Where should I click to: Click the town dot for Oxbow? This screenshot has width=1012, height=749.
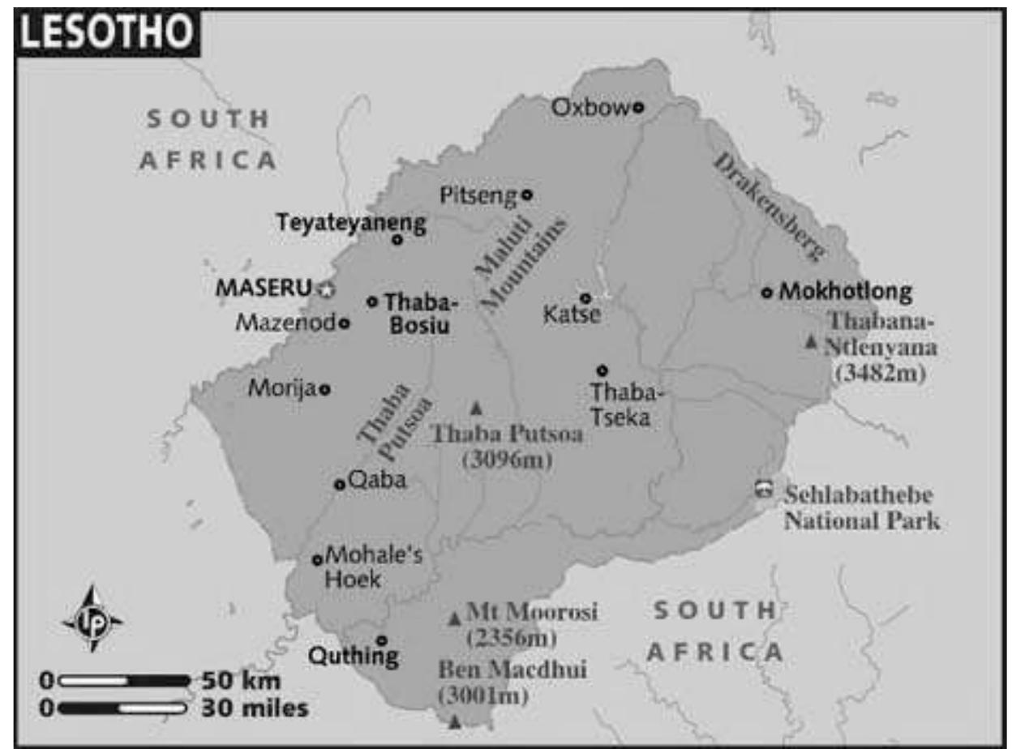click(638, 106)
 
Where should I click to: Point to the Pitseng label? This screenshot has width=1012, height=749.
click(477, 195)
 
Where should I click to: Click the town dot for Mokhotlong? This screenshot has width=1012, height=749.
click(767, 292)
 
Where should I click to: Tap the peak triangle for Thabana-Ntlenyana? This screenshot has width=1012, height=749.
click(811, 343)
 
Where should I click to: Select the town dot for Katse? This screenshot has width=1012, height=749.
click(585, 298)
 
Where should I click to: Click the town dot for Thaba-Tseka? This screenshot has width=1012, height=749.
click(602, 370)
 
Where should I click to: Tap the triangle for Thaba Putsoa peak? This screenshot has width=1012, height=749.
click(476, 408)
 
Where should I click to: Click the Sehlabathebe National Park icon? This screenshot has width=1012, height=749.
click(763, 490)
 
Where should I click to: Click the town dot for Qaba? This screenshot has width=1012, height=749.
click(340, 485)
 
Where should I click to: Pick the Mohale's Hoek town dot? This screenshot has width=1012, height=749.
click(317, 559)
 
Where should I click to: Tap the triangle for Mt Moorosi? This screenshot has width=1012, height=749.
click(455, 618)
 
